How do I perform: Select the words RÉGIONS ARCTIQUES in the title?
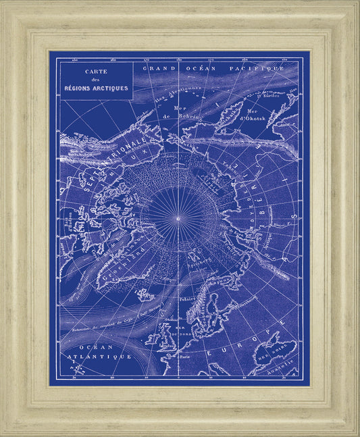(95, 88)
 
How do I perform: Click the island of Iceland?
(144, 294)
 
